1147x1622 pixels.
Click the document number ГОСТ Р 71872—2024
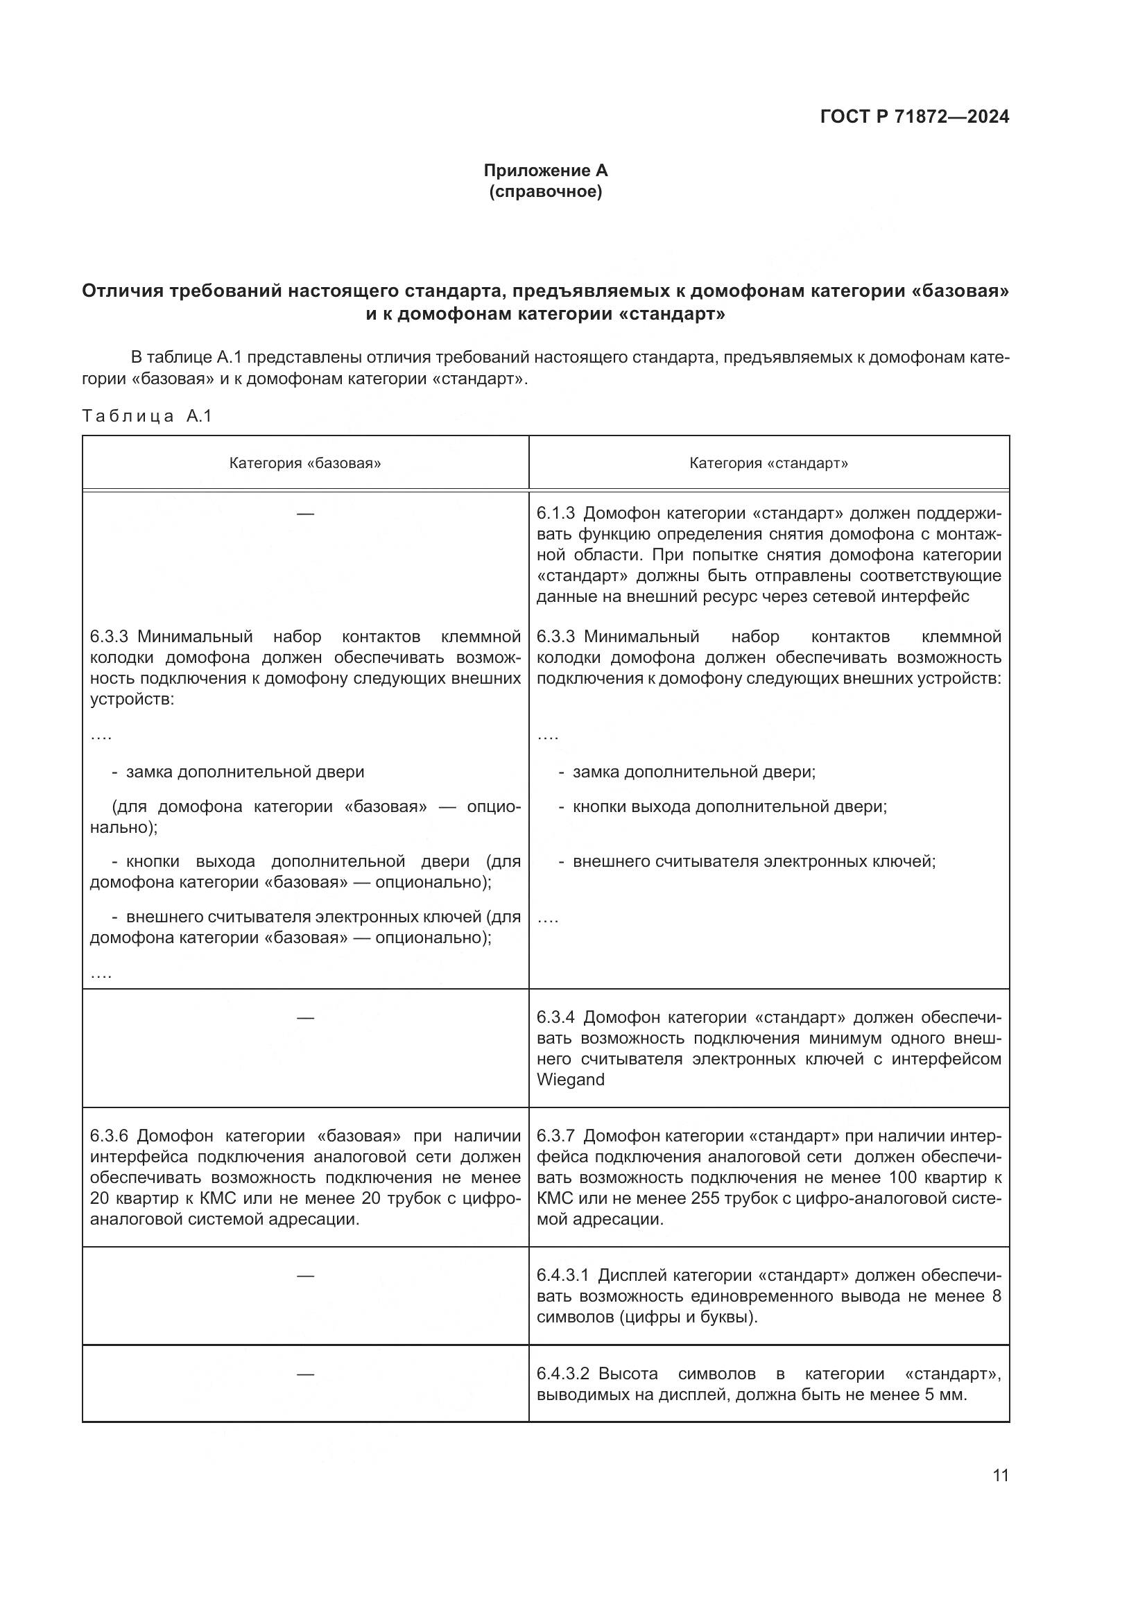pos(915,117)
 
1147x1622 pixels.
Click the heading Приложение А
pos(545,171)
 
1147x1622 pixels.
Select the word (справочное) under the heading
pos(545,191)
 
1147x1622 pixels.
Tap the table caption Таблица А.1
pos(147,416)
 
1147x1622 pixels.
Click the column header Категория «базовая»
pos(305,463)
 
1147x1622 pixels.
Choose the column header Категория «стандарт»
pos(768,463)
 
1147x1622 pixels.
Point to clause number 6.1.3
pos(555,513)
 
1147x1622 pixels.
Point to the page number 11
pos(1000,1476)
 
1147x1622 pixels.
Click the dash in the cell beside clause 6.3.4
pos(305,1017)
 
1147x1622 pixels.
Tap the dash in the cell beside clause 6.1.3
pos(305,514)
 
